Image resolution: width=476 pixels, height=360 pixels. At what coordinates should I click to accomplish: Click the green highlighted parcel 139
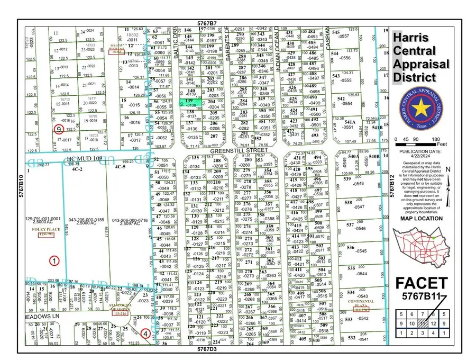(190, 103)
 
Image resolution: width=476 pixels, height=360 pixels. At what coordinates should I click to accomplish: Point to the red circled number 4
(145, 334)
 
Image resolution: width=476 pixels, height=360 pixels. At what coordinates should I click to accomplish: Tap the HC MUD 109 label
(85, 158)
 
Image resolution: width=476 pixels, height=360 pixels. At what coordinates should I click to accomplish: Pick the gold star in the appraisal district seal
(422, 110)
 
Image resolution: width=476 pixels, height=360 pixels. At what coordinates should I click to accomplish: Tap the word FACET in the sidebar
(421, 284)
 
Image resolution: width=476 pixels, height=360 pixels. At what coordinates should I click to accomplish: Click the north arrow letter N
(447, 169)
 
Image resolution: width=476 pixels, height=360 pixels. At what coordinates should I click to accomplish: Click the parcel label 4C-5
(120, 167)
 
